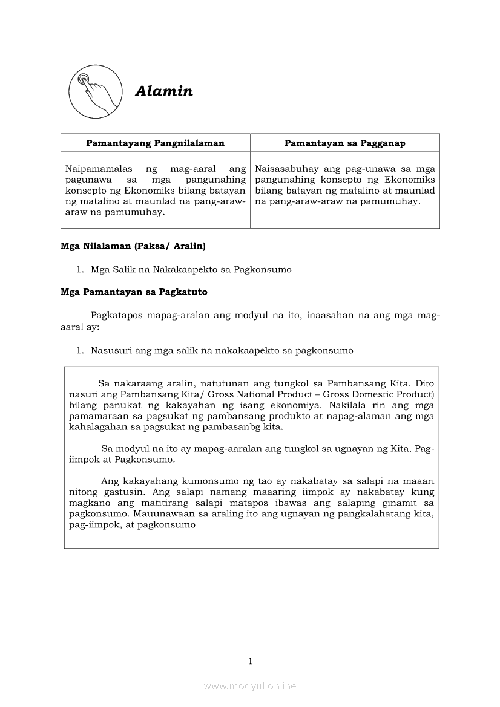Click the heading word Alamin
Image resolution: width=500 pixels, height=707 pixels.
click(x=164, y=91)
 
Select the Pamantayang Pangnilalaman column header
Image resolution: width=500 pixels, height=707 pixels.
click(x=155, y=143)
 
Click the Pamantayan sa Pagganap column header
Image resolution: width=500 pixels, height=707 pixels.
click(x=345, y=143)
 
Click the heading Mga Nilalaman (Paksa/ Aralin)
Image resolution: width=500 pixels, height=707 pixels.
click(x=133, y=246)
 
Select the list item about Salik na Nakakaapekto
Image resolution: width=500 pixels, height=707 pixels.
click(x=191, y=270)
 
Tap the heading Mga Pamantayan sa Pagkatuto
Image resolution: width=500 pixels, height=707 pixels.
click(x=134, y=292)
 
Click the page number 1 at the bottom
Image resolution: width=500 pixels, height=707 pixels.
click(x=250, y=661)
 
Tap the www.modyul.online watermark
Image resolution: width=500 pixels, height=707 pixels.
click(x=250, y=686)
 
